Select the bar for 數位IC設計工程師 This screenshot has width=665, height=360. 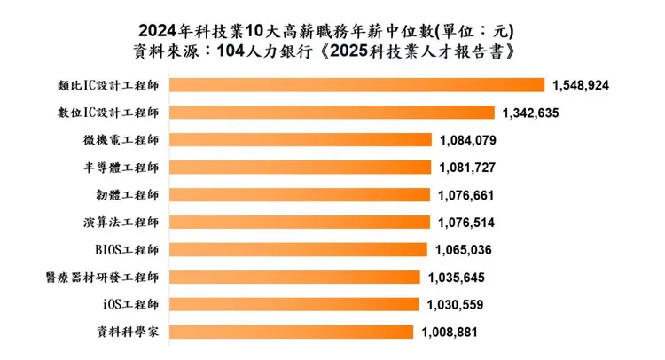click(x=332, y=113)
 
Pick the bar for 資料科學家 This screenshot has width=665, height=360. click(x=290, y=332)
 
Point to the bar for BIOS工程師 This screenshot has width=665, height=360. click(x=297, y=249)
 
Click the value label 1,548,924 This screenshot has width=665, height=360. click(x=581, y=85)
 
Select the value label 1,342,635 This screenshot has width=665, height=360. click(x=531, y=113)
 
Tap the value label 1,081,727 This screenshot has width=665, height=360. click(x=467, y=168)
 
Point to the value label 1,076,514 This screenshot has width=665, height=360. click(x=466, y=222)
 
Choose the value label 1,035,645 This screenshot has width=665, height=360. click(x=457, y=277)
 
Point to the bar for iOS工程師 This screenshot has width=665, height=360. click(x=293, y=304)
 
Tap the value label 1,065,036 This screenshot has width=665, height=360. click(x=465, y=249)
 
